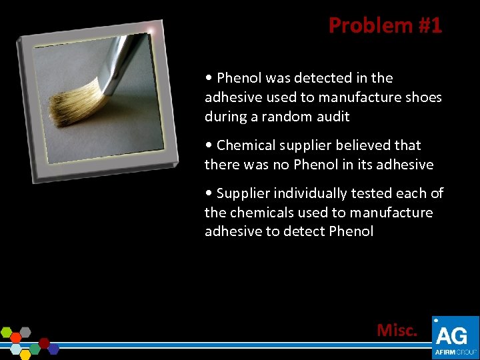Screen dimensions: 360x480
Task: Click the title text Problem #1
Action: [385, 25]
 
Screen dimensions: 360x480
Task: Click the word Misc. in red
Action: [397, 330]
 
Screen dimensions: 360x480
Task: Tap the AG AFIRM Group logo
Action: [455, 337]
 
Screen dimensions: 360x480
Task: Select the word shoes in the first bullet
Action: [423, 97]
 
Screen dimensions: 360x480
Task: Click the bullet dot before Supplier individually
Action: [209, 194]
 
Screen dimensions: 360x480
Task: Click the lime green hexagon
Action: [7, 332]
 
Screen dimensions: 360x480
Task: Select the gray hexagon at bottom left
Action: [25, 331]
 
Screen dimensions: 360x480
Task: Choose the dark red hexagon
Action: [45, 343]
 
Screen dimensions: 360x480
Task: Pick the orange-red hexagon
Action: [16, 338]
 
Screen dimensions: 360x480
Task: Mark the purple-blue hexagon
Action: [53, 349]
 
